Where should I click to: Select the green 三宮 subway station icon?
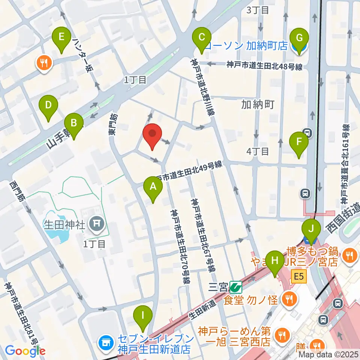pos(236,288)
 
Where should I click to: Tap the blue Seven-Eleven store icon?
pos(105,342)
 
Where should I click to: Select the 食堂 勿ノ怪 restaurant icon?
pos(289,299)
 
